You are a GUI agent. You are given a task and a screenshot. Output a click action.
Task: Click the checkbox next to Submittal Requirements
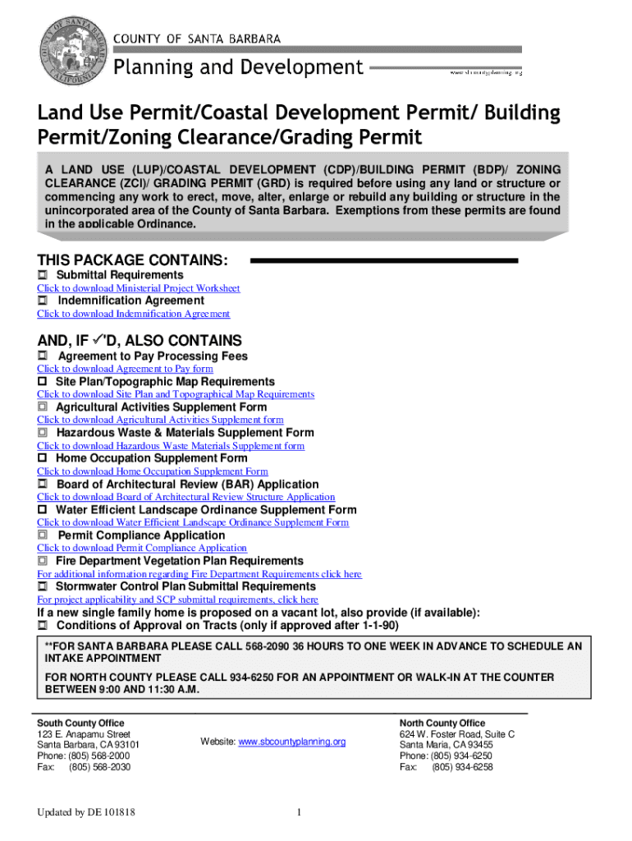coord(43,274)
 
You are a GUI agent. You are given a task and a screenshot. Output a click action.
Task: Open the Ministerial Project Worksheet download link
coord(138,288)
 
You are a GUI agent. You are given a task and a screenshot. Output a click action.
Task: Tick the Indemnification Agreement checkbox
coord(43,301)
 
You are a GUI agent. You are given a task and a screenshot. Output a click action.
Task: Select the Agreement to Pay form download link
coord(125,369)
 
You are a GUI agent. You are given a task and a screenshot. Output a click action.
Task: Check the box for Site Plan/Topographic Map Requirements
coord(43,382)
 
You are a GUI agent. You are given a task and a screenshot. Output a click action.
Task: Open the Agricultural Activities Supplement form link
coord(160,420)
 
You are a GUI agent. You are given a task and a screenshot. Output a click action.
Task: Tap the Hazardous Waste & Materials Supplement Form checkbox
coord(43,433)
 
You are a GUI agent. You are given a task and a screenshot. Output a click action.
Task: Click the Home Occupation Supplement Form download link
coord(152,471)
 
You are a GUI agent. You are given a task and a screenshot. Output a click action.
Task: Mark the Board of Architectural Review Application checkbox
coord(43,485)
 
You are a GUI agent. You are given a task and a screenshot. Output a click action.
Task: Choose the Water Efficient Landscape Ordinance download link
coord(192,522)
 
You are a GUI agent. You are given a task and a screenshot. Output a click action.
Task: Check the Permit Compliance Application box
coord(43,535)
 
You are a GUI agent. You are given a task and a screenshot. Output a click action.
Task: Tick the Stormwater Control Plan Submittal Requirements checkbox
coord(43,587)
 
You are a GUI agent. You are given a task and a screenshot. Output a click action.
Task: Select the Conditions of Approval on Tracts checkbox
coord(43,626)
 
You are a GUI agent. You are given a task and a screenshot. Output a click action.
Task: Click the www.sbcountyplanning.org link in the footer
coord(292,742)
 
